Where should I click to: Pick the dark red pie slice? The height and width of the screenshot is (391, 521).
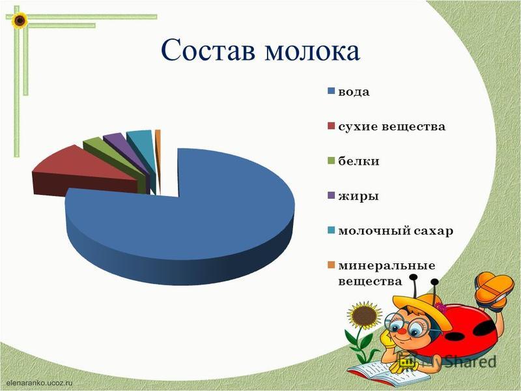(x=83, y=173)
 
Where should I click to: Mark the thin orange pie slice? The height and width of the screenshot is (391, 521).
(x=158, y=156)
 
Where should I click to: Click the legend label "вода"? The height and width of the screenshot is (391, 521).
(x=354, y=92)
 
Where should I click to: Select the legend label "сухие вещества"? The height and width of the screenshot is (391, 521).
(x=392, y=126)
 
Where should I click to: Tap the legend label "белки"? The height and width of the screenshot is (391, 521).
(x=359, y=161)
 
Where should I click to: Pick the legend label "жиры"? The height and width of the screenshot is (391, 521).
(x=358, y=196)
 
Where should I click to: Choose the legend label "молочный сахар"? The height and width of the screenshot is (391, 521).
(x=396, y=231)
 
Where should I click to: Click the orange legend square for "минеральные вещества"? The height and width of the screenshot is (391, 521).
(x=331, y=265)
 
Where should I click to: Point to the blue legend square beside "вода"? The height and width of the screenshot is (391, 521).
(x=331, y=91)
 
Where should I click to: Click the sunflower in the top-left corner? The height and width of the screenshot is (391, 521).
(x=20, y=21)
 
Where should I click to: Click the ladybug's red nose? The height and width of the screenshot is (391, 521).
(x=401, y=332)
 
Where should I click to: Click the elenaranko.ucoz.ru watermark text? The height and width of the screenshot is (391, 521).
(x=40, y=383)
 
